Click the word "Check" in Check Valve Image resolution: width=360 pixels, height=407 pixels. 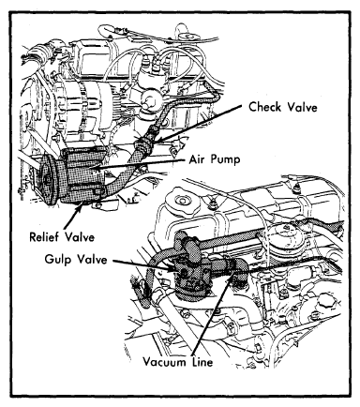[265, 107]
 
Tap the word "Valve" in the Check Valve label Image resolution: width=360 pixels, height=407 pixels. [303, 107]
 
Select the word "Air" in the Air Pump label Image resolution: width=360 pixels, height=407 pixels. [197, 159]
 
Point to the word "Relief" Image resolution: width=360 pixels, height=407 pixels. [44, 236]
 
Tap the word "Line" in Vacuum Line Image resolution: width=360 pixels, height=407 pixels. [202, 362]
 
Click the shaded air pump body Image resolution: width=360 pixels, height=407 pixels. [82, 175]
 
